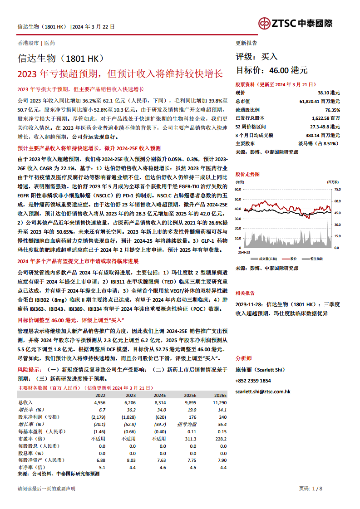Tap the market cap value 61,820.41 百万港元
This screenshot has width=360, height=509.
pos(320,101)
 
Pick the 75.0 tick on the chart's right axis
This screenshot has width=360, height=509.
pos(337,189)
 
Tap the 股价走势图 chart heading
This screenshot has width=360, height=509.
pos(248,174)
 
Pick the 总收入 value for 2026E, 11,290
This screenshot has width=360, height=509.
pos(219,402)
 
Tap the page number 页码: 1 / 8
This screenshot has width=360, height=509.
pos(311,489)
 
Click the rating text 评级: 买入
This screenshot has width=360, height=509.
pos(256,57)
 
